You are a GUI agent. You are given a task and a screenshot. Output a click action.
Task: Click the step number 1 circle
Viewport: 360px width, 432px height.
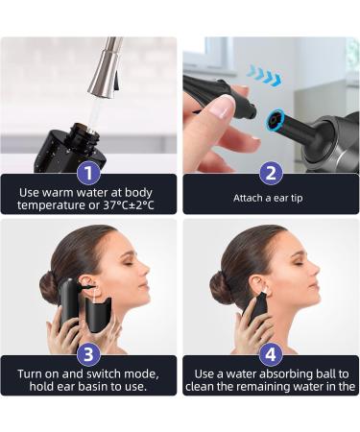pyautogui.click(x=88, y=173)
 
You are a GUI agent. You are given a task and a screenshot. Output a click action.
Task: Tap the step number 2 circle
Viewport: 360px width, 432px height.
pyautogui.click(x=271, y=173)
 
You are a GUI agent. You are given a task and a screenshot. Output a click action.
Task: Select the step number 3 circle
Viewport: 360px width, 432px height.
pyautogui.click(x=88, y=354)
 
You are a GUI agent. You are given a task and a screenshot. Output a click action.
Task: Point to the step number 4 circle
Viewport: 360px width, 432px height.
pyautogui.click(x=271, y=354)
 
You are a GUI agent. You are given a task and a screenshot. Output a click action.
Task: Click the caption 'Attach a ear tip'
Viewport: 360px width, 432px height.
pyautogui.click(x=271, y=198)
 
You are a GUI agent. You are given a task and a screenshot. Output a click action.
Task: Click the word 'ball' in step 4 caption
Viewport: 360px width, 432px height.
pyautogui.click(x=309, y=372)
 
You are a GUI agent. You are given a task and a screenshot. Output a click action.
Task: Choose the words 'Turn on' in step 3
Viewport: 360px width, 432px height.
pyautogui.click(x=39, y=372)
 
